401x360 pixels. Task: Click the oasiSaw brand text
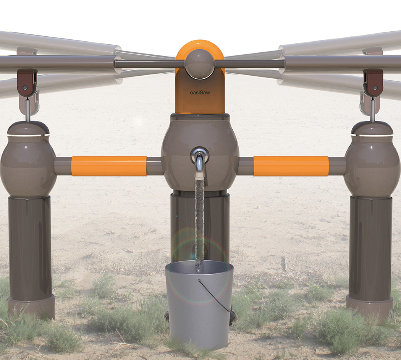[x=200, y=92]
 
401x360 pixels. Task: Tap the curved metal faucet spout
[x=200, y=162]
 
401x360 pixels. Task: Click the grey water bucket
[x=199, y=306]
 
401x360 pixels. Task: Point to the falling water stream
[x=199, y=222]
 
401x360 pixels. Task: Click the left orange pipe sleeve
[x=109, y=166]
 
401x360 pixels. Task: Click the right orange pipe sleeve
[x=291, y=166]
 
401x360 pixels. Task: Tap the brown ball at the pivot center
[x=200, y=64]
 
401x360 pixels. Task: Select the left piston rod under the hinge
[x=28, y=111]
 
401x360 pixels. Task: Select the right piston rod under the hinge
[x=372, y=111]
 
